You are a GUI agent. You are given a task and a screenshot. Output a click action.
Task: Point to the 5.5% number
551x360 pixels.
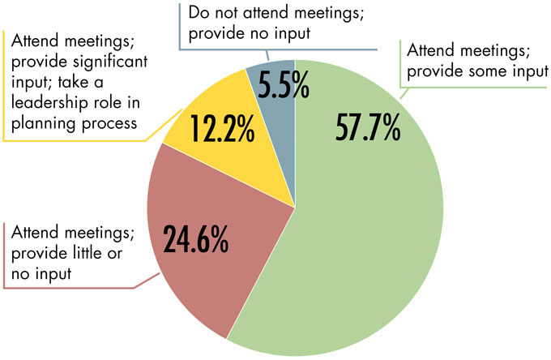pyautogui.click(x=278, y=84)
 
